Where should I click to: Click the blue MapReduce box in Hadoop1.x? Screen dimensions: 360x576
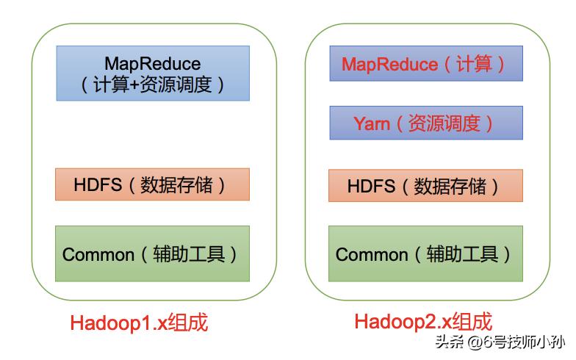point(153,73)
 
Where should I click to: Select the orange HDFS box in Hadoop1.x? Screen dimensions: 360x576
point(152,184)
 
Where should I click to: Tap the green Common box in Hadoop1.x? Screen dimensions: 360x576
point(152,253)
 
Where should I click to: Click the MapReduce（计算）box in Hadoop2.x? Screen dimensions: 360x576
point(425,64)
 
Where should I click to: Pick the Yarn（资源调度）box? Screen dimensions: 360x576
point(425,123)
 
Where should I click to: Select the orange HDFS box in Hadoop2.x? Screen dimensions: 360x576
point(425,185)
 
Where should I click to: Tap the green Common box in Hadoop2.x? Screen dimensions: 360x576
point(425,253)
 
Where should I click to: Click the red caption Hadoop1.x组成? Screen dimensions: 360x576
point(139,323)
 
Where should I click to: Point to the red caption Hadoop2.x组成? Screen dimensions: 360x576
point(423,321)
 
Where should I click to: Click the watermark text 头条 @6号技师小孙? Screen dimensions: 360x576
point(500,342)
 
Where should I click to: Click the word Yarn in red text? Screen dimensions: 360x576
point(372,123)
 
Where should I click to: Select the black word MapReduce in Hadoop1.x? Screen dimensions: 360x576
point(152,63)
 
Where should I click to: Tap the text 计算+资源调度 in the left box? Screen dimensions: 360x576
point(153,84)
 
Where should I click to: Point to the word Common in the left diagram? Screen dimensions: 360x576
point(98,255)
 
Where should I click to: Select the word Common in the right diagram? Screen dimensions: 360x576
point(372,255)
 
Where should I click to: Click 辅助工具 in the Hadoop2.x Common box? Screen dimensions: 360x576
point(467,254)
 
